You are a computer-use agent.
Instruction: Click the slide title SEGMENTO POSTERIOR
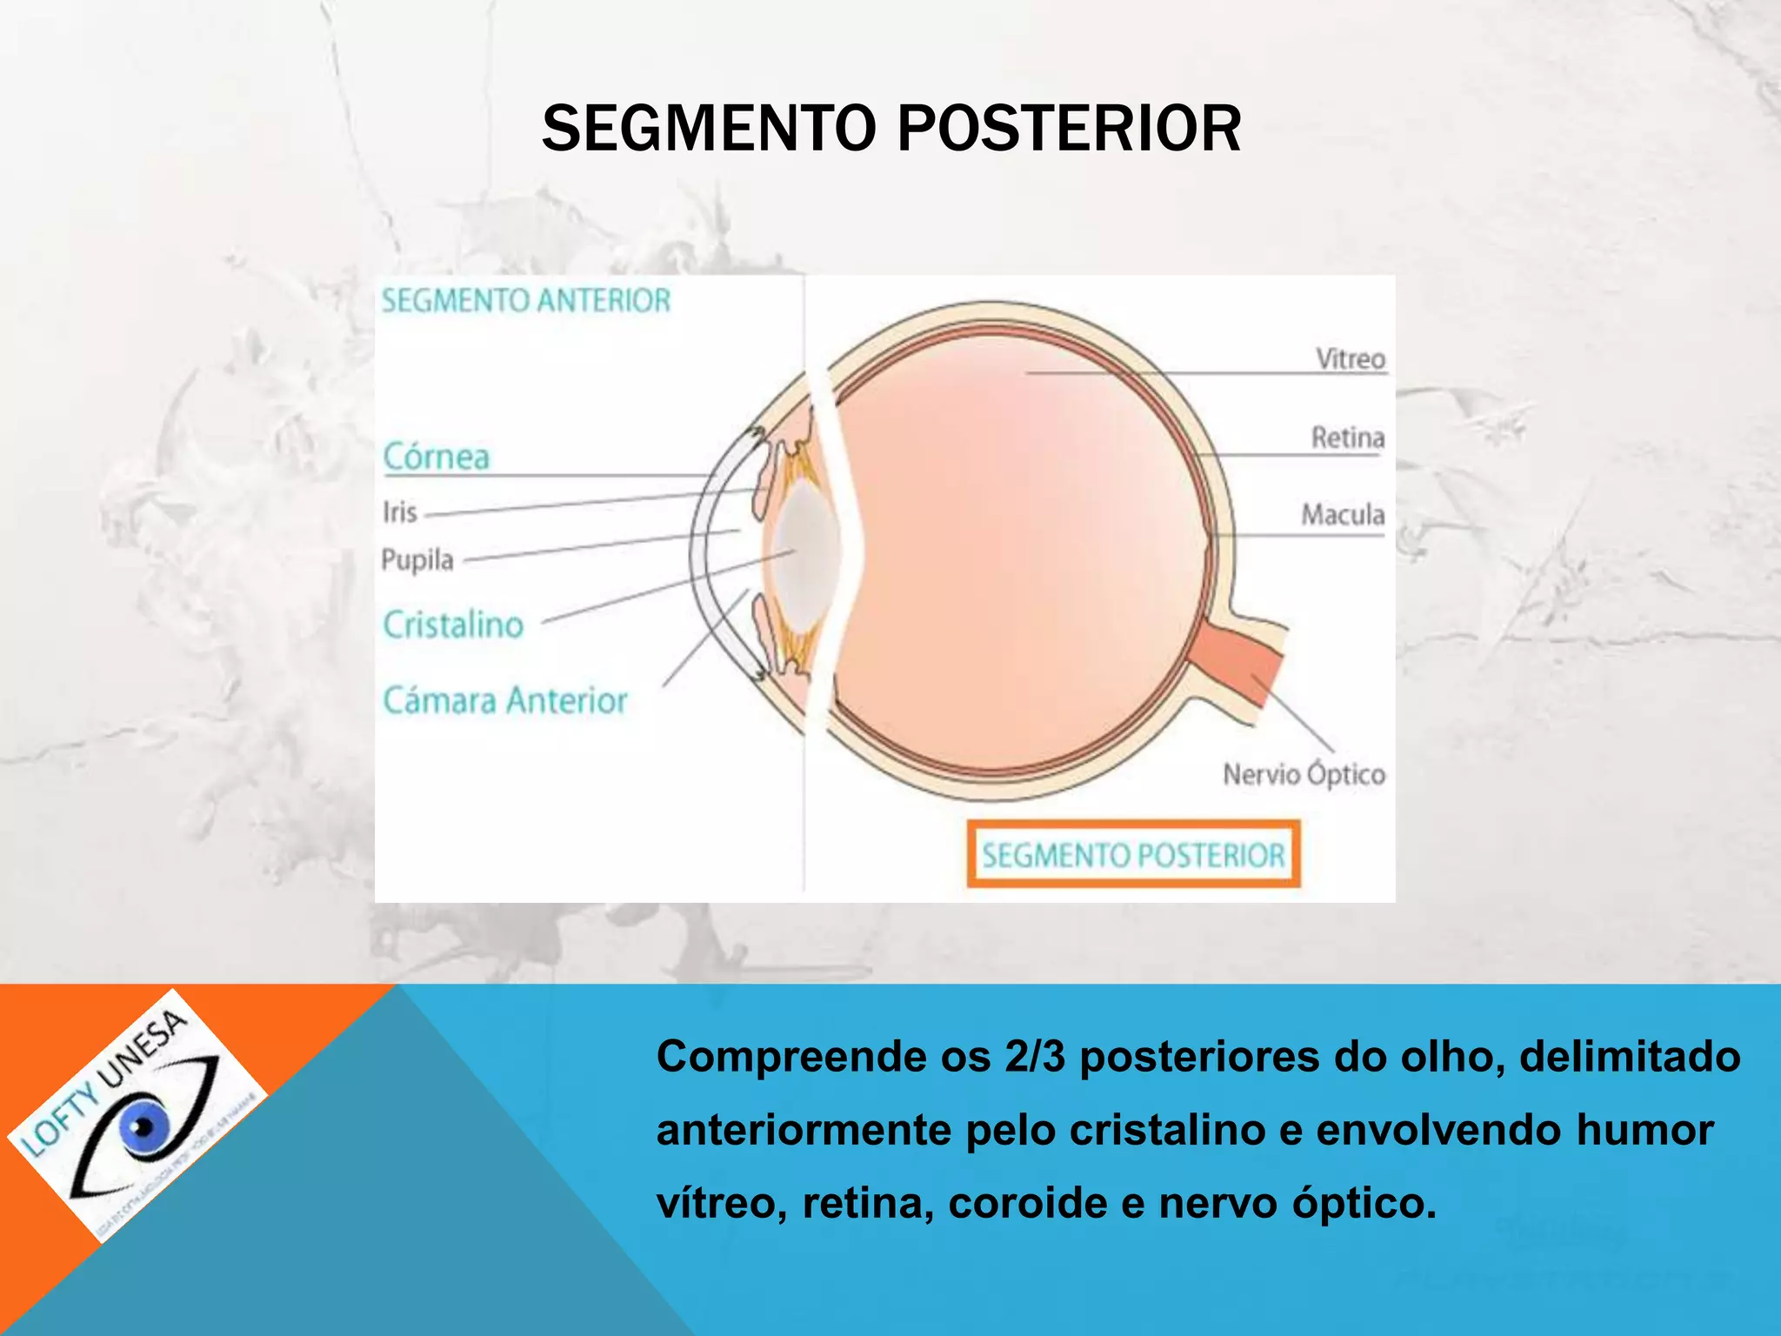(x=890, y=129)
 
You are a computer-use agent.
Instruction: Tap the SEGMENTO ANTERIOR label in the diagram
(x=526, y=301)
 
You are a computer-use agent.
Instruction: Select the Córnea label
(x=437, y=457)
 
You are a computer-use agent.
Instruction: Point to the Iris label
(x=400, y=511)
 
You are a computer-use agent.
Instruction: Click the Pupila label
(x=417, y=559)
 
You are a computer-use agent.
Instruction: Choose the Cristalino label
(x=453, y=625)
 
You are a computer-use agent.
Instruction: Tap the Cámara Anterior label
(x=505, y=700)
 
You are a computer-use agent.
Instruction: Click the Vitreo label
(x=1350, y=358)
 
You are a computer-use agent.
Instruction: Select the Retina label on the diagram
(x=1348, y=437)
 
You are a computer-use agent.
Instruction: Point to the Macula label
(x=1343, y=514)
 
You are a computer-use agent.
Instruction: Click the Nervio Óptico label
(x=1304, y=774)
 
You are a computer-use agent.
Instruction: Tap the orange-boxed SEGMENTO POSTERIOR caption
(x=1133, y=854)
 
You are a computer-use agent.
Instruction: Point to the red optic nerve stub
(x=1239, y=665)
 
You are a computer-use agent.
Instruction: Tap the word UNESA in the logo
(x=143, y=1049)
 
